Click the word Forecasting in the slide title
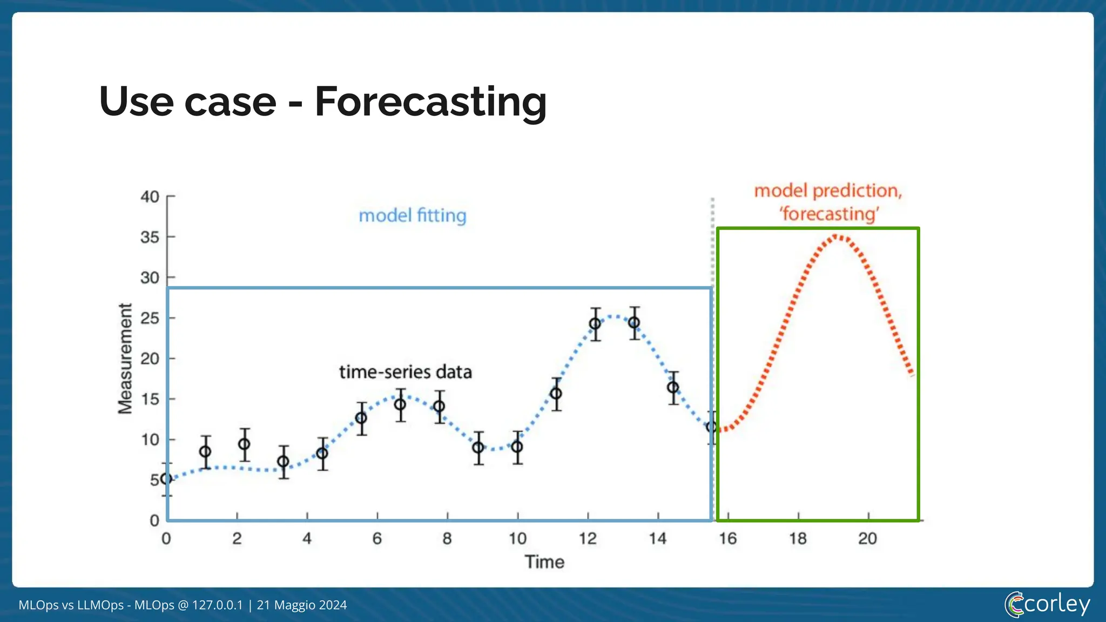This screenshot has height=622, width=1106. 430,103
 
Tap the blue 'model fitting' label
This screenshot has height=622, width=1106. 413,215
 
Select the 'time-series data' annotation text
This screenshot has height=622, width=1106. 405,372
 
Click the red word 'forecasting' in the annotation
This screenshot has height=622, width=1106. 829,214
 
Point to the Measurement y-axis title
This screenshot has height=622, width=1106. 125,359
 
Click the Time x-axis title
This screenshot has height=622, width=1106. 544,562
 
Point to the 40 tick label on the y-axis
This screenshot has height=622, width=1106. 150,197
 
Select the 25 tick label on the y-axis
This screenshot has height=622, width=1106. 150,318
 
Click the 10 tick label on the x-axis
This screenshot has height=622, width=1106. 517,538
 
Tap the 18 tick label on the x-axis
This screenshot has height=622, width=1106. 798,538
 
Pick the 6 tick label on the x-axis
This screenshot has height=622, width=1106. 377,538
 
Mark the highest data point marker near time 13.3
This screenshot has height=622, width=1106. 634,323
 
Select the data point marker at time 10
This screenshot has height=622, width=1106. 517,447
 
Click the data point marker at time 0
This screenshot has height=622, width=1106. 167,479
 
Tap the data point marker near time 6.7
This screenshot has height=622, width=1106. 400,404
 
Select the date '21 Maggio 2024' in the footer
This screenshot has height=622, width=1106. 302,605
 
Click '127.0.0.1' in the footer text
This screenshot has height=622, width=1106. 218,605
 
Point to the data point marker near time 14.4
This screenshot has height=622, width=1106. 673,388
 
